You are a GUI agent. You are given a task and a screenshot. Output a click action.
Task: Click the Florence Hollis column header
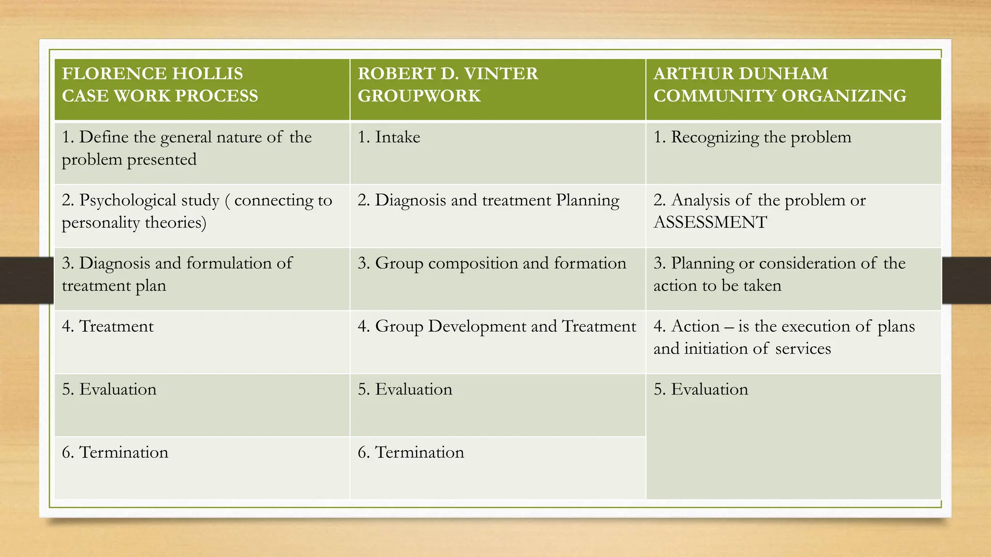pyautogui.click(x=160, y=85)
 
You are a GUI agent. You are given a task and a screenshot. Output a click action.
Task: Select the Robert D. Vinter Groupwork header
pyautogui.click(x=448, y=85)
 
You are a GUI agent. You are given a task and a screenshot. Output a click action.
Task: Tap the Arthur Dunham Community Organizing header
pyautogui.click(x=780, y=85)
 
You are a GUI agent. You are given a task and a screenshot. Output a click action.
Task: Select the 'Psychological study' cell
pyautogui.click(x=196, y=211)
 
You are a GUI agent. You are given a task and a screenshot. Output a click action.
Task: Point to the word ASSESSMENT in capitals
pyautogui.click(x=710, y=222)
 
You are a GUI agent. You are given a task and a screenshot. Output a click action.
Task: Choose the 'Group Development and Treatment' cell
pyautogui.click(x=496, y=326)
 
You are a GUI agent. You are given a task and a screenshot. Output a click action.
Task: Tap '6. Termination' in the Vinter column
pyautogui.click(x=411, y=453)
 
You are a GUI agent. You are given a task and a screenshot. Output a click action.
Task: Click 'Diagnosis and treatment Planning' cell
pyautogui.click(x=488, y=201)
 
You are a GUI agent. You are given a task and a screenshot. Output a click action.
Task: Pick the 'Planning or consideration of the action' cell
pyautogui.click(x=779, y=274)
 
